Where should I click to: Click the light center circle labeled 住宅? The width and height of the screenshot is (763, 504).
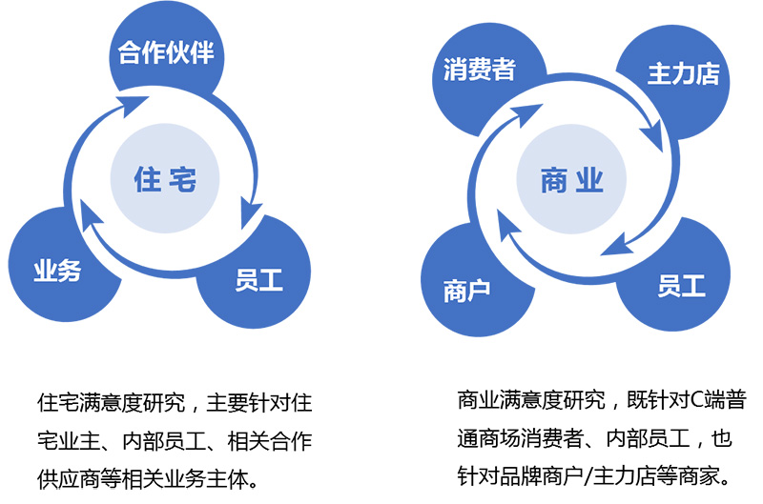(165, 178)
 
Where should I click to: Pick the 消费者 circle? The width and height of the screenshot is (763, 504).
(480, 71)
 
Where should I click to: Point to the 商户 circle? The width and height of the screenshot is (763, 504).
(467, 288)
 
